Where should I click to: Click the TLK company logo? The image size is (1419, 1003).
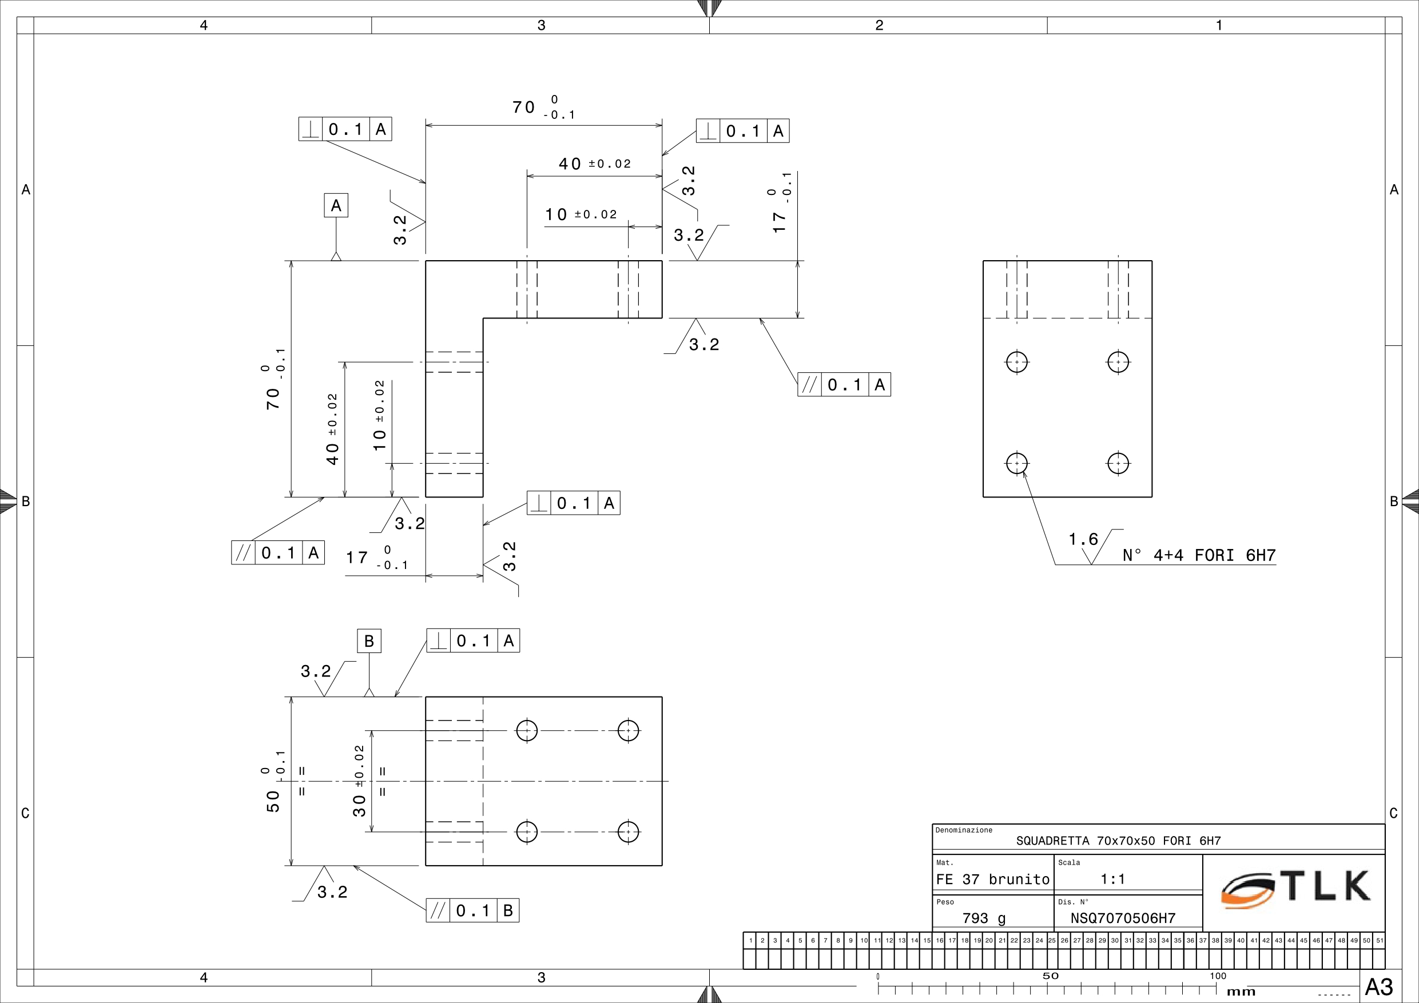coord(1295,889)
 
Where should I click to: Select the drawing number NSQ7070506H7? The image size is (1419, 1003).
coord(1123,918)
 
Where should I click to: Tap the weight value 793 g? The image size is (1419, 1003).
coord(984,919)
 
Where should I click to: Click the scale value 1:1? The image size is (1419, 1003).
coord(1112,879)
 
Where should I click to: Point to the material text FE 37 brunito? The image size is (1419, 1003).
coord(992,879)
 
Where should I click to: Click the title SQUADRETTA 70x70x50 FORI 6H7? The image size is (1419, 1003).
coord(1119,841)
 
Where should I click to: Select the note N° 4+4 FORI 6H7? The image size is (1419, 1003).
coord(1199,555)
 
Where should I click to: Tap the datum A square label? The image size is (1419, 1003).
coord(336,205)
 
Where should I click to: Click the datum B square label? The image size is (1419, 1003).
coord(369,641)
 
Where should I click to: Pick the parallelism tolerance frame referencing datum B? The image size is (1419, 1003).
coord(472,910)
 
